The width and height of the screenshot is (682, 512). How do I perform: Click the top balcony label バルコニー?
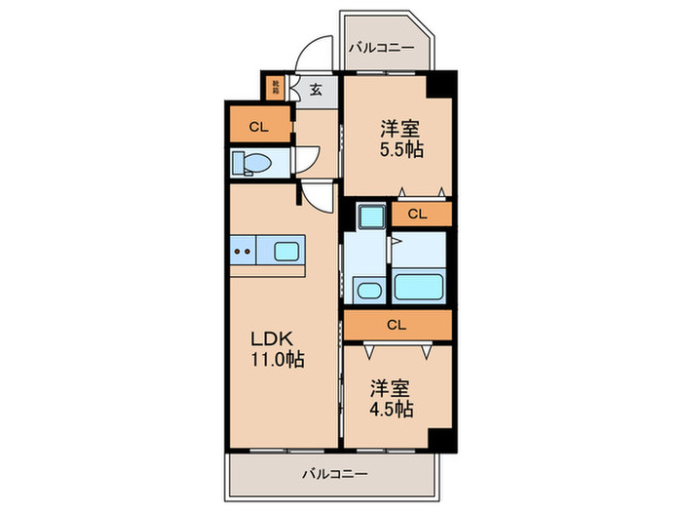pyautogui.click(x=383, y=47)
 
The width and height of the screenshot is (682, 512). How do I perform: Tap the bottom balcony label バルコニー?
pyautogui.click(x=334, y=474)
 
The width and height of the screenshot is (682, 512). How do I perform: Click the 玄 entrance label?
pyautogui.click(x=317, y=90)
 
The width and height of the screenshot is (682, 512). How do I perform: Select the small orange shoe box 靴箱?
pyautogui.click(x=278, y=89)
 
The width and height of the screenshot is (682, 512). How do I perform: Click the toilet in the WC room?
pyautogui.click(x=253, y=163)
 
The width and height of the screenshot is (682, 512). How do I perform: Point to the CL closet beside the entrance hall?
pyautogui.click(x=258, y=125)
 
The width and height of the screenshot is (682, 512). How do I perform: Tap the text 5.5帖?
pyautogui.click(x=400, y=150)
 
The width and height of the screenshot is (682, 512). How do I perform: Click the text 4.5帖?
pyautogui.click(x=391, y=409)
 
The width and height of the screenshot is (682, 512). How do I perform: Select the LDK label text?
pyautogui.click(x=273, y=338)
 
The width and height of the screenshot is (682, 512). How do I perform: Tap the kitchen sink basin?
pyautogui.click(x=288, y=252)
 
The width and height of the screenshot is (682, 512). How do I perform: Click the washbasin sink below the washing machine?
pyautogui.click(x=368, y=289)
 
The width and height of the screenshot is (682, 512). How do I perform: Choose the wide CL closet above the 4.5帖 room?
pyautogui.click(x=397, y=325)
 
